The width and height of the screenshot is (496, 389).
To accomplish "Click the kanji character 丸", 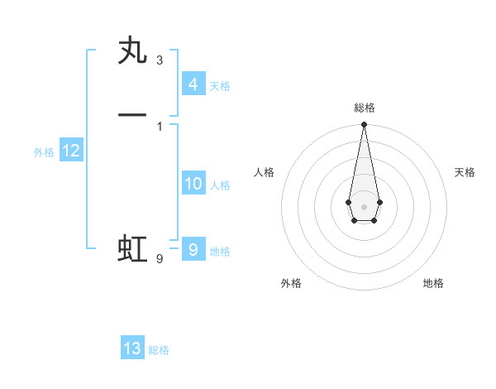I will pyautogui.click(x=132, y=52).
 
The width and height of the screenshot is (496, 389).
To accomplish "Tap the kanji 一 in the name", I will pyautogui.click(x=132, y=116).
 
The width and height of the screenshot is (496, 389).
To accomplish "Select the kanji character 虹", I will pyautogui.click(x=132, y=249).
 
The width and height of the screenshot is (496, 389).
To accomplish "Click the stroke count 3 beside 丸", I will pyautogui.click(x=160, y=60).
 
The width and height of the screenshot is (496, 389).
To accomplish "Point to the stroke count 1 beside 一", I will pyautogui.click(x=160, y=126).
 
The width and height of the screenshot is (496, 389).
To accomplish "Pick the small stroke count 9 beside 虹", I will pyautogui.click(x=160, y=259).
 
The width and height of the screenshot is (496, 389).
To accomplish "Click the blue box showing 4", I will pyautogui.click(x=193, y=84).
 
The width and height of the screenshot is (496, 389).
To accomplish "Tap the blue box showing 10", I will pyautogui.click(x=193, y=184).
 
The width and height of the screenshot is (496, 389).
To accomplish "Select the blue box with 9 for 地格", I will pyautogui.click(x=193, y=249).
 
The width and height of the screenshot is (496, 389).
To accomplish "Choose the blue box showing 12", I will pyautogui.click(x=71, y=151).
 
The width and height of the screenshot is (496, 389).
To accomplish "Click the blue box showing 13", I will pyautogui.click(x=132, y=348).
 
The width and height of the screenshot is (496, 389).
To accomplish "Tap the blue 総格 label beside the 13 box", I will pyautogui.click(x=160, y=350).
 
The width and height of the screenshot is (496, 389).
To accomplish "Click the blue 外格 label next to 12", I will pyautogui.click(x=44, y=152).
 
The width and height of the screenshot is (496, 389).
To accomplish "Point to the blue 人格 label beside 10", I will pyautogui.click(x=221, y=185).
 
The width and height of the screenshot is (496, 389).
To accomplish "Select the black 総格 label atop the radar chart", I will pyautogui.click(x=364, y=108).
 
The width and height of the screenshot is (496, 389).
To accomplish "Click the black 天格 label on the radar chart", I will pyautogui.click(x=465, y=172).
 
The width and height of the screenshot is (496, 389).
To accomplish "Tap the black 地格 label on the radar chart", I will pyautogui.click(x=433, y=284).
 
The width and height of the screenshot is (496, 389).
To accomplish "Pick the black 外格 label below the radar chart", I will pyautogui.click(x=291, y=284).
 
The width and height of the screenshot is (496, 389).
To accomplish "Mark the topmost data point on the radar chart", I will pyautogui.click(x=364, y=124).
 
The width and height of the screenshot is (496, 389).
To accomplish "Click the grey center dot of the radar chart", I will pyautogui.click(x=364, y=205).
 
